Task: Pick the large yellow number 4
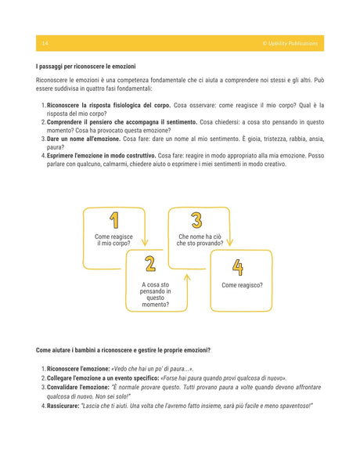pos(237,267)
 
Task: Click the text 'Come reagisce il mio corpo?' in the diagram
pos(113,240)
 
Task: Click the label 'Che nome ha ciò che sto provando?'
pos(200,240)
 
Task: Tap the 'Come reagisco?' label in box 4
pos(242,286)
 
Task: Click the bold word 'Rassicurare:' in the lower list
pos(67,406)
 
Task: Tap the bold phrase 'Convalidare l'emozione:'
pos(78,387)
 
